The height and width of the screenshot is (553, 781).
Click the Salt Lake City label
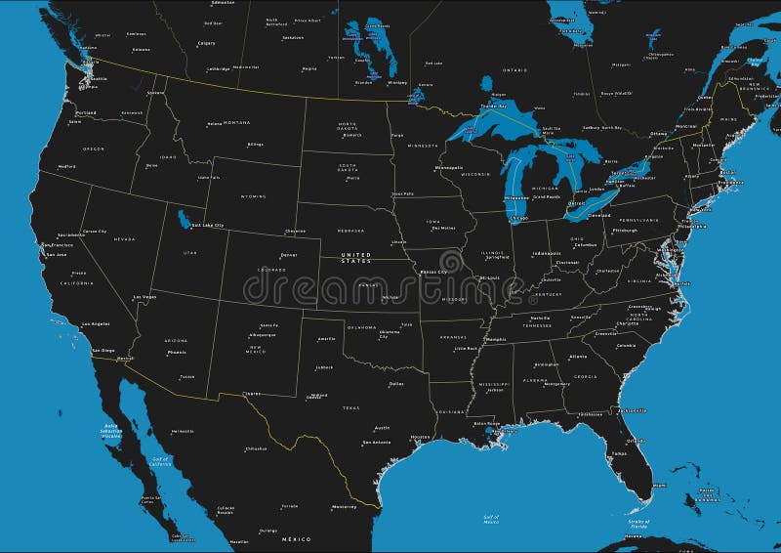(x=207, y=226)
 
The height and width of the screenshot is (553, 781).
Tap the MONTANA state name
(x=235, y=122)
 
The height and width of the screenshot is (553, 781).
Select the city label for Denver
(x=288, y=254)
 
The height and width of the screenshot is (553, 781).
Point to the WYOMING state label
(x=252, y=196)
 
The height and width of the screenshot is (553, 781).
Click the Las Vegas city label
(x=144, y=296)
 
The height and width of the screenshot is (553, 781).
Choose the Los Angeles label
(x=96, y=323)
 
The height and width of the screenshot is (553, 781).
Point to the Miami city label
(x=660, y=486)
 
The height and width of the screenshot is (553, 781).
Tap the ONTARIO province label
(x=514, y=70)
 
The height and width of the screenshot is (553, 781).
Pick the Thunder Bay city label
(x=495, y=105)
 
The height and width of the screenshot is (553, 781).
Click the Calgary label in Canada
(x=206, y=44)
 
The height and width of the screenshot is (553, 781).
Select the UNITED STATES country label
(x=355, y=258)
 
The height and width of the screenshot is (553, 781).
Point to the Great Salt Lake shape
(x=185, y=216)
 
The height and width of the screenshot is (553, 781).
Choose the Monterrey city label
(x=344, y=506)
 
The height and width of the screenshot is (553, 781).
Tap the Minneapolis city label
(x=449, y=167)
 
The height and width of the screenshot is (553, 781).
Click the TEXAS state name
(x=350, y=407)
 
